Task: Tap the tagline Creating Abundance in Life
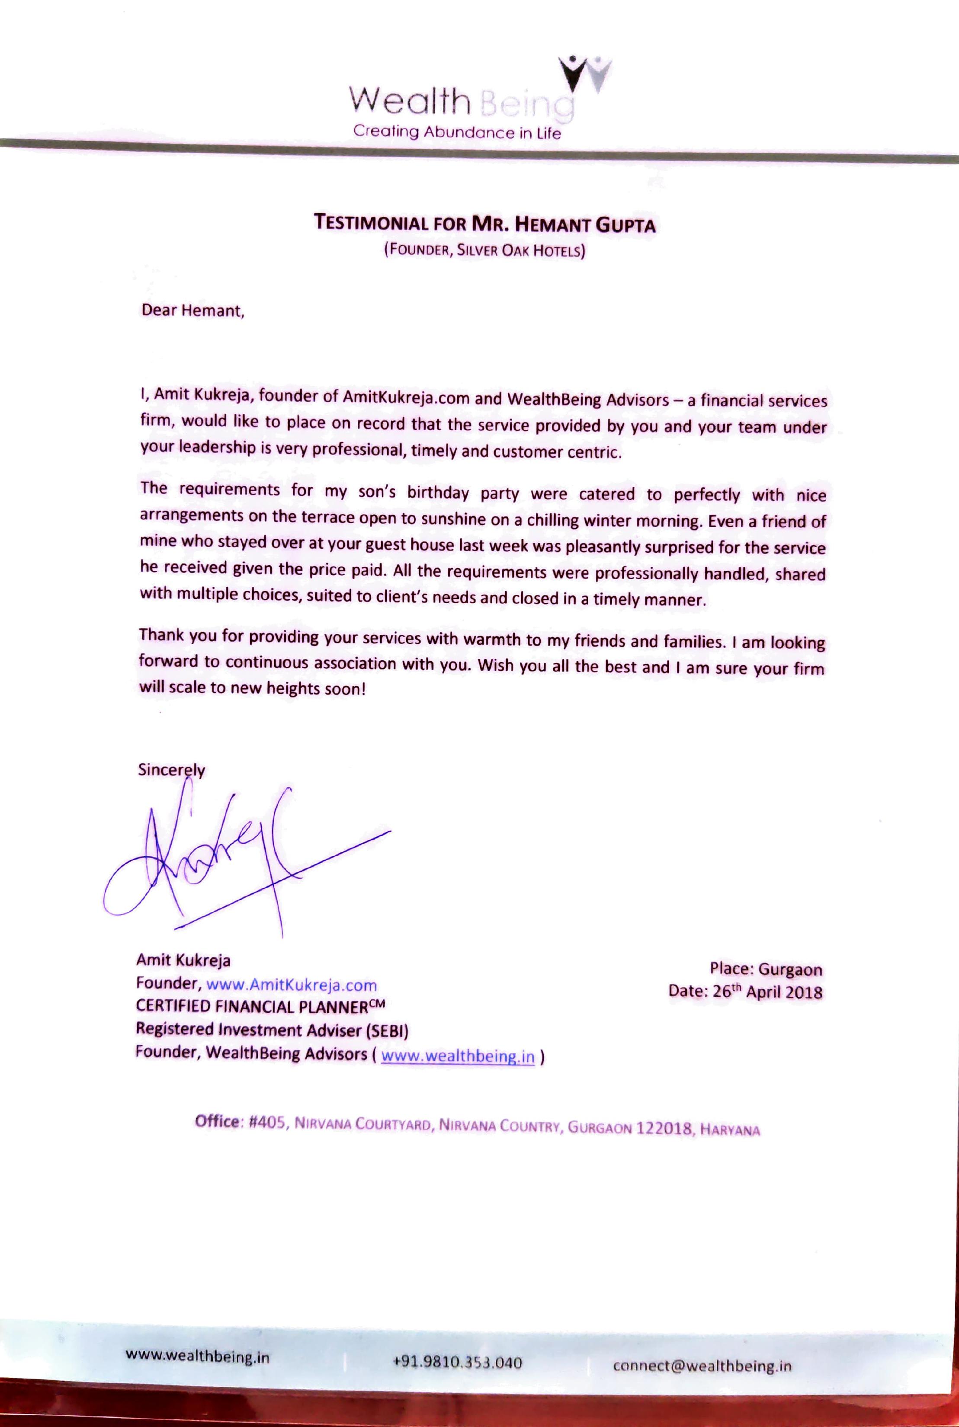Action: tap(457, 132)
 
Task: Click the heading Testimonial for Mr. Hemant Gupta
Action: tap(484, 224)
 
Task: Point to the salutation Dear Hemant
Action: tap(192, 310)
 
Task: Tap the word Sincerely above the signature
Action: tap(171, 770)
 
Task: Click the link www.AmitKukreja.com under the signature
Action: tap(292, 985)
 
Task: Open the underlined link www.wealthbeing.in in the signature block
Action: tap(458, 1056)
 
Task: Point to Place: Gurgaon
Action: tap(765, 969)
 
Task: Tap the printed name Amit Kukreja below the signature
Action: tap(183, 960)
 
